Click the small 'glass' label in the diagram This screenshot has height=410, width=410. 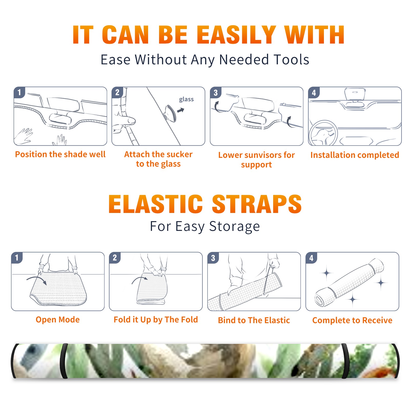(186, 99)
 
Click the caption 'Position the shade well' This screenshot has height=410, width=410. (60, 154)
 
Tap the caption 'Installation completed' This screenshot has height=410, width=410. (355, 155)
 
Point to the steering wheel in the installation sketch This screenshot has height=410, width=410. (323, 133)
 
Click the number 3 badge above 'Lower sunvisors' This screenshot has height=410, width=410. (216, 93)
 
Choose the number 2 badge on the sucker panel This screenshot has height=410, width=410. (117, 92)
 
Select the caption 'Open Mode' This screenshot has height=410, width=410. (58, 320)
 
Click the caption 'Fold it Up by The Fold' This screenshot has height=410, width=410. (156, 320)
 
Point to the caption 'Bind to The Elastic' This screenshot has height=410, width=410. (254, 320)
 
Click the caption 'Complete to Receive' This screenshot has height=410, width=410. (352, 320)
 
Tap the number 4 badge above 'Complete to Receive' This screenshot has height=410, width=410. (311, 258)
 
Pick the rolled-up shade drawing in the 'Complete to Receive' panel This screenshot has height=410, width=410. (349, 282)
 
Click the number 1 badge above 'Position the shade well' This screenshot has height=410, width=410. (19, 92)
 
